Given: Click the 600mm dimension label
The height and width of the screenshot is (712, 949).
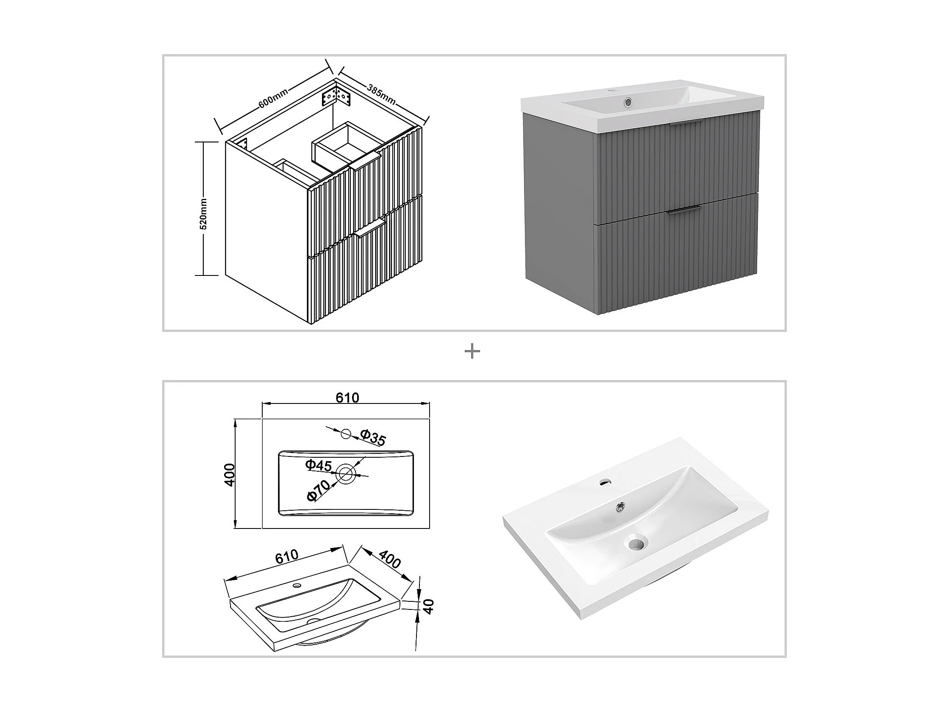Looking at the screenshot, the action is coord(273,98).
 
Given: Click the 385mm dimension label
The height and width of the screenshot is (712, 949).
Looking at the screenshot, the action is coord(381,94).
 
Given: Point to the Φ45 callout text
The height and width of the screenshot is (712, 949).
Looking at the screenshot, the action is coord(318,465).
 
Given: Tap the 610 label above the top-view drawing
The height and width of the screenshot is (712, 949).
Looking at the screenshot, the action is coord(347,398).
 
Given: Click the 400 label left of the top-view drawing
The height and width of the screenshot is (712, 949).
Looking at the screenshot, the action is coord(230,475).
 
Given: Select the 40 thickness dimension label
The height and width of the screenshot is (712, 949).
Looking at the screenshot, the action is coord(428,606).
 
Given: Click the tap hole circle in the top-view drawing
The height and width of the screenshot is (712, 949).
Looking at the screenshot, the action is coord(346,434).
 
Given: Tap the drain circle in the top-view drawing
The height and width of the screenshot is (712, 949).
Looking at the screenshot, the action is coord(346,474).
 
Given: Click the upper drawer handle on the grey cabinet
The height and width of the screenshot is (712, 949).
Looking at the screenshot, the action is coord(685,124).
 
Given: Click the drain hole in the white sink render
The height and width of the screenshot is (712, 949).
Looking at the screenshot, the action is coord(635,544).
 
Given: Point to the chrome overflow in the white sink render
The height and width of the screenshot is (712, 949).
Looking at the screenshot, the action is coord(619,507).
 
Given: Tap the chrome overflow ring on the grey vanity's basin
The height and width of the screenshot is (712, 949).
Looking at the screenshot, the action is coord(628,102).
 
